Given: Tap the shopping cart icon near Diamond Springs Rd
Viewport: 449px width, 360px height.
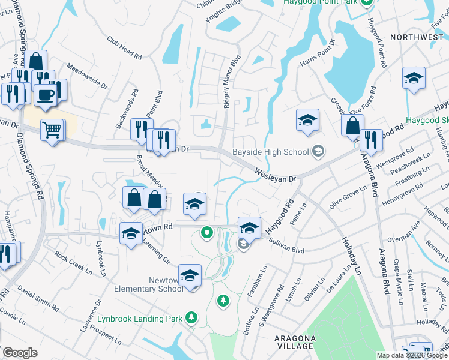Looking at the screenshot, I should [52, 129].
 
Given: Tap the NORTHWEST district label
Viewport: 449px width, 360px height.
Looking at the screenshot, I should [416, 37].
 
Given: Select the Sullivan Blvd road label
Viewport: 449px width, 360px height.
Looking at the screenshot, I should [288, 247].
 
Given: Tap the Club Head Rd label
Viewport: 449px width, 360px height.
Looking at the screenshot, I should [125, 49].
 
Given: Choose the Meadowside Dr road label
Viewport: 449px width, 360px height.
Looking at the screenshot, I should [87, 76].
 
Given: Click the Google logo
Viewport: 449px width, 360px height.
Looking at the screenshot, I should [20, 353].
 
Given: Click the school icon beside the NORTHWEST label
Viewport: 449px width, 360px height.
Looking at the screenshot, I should [414, 78].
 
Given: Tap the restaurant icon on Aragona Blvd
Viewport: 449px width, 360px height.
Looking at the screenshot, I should [371, 140].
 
